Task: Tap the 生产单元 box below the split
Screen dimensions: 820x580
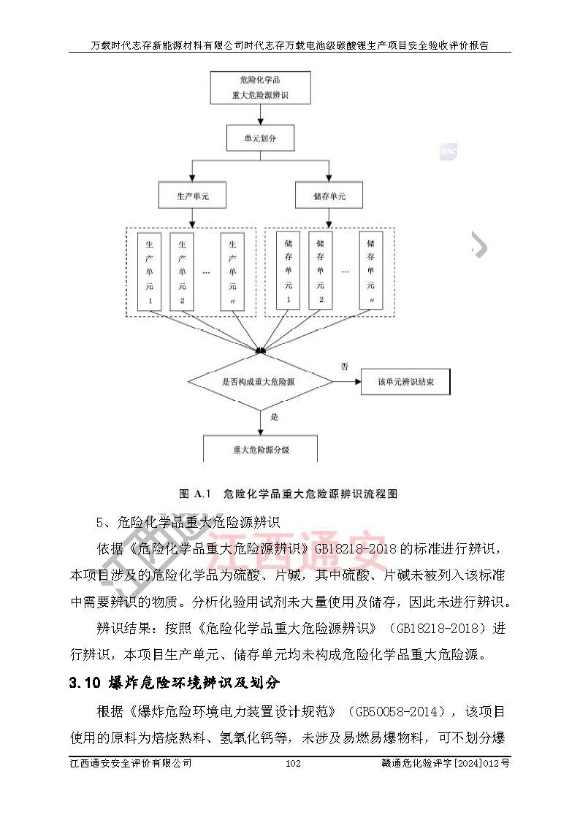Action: coord(191,196)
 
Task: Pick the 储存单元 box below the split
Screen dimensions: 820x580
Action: coord(329,196)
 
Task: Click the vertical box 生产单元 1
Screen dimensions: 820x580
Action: coord(150,271)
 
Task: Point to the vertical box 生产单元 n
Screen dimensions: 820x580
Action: coord(232,271)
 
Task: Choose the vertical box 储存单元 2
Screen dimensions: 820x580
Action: coord(319,271)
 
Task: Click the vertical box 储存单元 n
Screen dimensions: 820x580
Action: coord(371,271)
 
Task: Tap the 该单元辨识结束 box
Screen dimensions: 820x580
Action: coord(405,381)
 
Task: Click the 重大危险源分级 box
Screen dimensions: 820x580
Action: coord(261,449)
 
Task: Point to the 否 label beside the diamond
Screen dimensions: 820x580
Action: coord(343,365)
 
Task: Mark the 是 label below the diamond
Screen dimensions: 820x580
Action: coord(275,418)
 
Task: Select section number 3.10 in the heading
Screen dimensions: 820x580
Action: coord(83,683)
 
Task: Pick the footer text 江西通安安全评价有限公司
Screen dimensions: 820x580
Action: coord(131,763)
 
